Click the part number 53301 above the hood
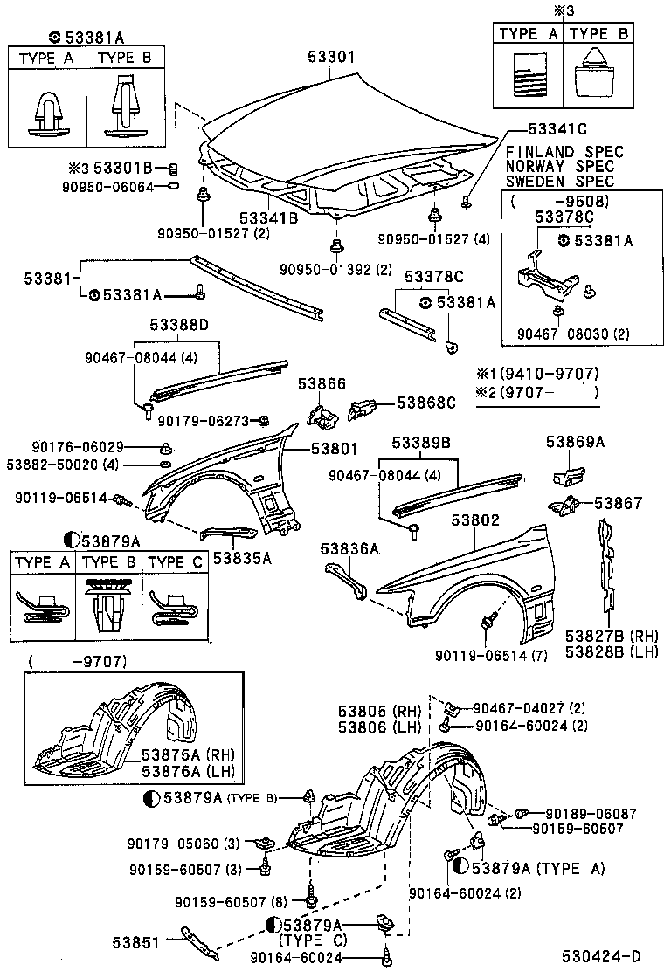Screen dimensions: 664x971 (x=331, y=57)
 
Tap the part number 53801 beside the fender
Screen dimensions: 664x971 (x=335, y=448)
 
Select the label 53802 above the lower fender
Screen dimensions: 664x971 (x=475, y=520)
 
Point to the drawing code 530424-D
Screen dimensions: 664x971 (x=601, y=955)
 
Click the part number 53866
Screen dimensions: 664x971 (x=322, y=384)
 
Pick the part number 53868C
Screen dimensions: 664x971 (x=426, y=403)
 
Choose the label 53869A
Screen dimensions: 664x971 (x=576, y=442)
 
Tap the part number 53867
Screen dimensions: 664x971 (x=619, y=503)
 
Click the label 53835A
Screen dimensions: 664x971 (x=243, y=558)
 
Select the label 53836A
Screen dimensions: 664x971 (x=350, y=548)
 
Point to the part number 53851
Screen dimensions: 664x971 (x=136, y=942)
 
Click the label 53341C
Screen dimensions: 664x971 (x=557, y=129)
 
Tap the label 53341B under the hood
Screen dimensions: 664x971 (x=269, y=218)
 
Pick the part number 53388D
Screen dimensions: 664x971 (x=179, y=325)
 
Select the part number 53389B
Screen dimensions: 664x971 (x=420, y=442)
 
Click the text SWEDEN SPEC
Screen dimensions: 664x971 (x=560, y=182)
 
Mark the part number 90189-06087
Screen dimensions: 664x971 (x=582, y=814)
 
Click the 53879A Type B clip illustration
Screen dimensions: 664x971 (x=109, y=606)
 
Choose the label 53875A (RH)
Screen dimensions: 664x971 (x=189, y=754)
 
